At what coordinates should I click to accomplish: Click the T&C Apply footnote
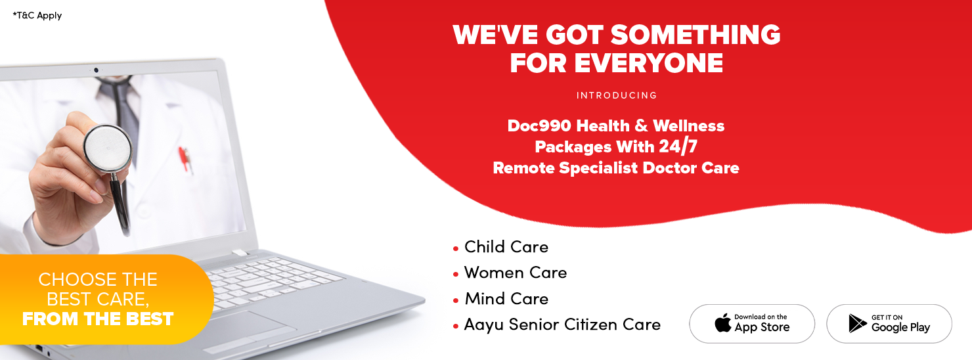pos(37,16)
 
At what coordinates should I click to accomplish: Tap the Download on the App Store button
pos(752,324)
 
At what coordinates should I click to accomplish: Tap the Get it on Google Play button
pos(889,324)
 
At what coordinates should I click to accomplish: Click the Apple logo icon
pos(723,323)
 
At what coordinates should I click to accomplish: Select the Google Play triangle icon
pos(857,323)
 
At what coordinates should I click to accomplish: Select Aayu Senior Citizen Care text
pos(562,325)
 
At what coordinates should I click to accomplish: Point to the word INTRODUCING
pos(617,95)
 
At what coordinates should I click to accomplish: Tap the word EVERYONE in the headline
pos(649,64)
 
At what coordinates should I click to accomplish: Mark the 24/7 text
pos(678,146)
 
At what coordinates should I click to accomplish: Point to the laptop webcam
pos(96,70)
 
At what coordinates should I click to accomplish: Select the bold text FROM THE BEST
pos(98,319)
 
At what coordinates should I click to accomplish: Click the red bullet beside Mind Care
pos(456,300)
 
